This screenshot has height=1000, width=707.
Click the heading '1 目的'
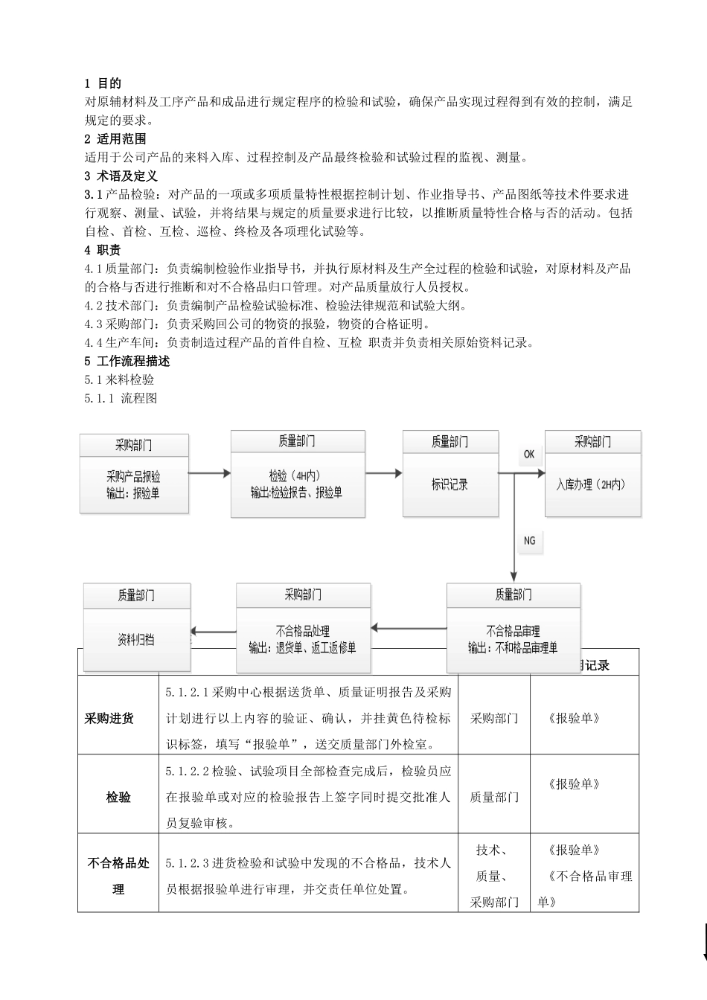click(x=103, y=83)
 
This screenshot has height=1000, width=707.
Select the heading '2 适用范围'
click(x=115, y=138)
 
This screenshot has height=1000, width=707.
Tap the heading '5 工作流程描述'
click(x=127, y=361)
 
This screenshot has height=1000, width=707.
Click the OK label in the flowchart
click(x=529, y=454)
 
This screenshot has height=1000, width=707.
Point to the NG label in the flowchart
click(x=529, y=541)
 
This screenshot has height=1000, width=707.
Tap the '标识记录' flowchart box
click(x=450, y=484)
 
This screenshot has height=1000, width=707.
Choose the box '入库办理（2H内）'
click(x=592, y=484)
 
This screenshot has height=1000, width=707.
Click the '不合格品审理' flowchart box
click(x=513, y=638)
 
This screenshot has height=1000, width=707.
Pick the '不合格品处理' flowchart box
click(x=303, y=638)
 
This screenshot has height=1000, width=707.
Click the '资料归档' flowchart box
click(x=136, y=638)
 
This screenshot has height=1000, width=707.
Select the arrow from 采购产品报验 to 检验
click(x=209, y=472)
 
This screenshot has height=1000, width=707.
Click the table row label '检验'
click(x=118, y=797)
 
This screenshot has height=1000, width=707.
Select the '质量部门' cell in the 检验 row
click(x=494, y=797)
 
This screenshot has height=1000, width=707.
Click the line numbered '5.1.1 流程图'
click(x=121, y=398)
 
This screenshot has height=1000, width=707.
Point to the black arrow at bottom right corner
click(x=703, y=945)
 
